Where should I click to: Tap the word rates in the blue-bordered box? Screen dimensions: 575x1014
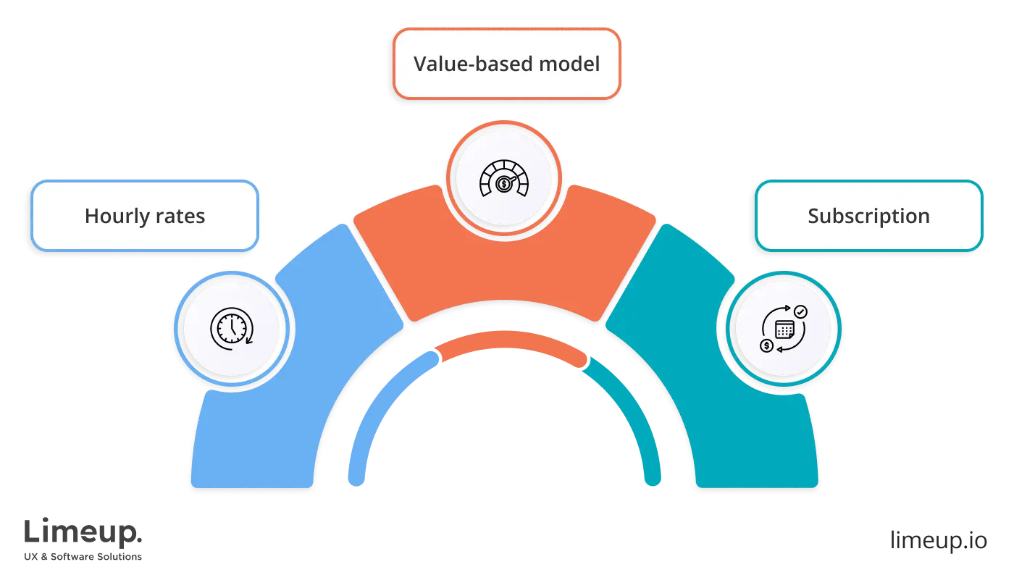pos(181,217)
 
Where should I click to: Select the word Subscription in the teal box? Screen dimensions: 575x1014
pos(868,217)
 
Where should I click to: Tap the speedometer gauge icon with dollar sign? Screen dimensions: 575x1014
pos(504,179)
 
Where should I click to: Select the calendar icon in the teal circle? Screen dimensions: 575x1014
pos(784,330)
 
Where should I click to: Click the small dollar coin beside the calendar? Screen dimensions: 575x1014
pos(766,345)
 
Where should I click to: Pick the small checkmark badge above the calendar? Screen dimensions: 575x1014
pos(800,311)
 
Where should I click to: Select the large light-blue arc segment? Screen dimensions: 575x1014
pos(304,377)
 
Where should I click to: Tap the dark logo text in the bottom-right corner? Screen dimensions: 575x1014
pos(938,540)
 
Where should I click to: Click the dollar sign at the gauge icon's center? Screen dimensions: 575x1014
pos(503,185)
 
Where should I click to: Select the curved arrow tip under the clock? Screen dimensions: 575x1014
pos(249,340)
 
